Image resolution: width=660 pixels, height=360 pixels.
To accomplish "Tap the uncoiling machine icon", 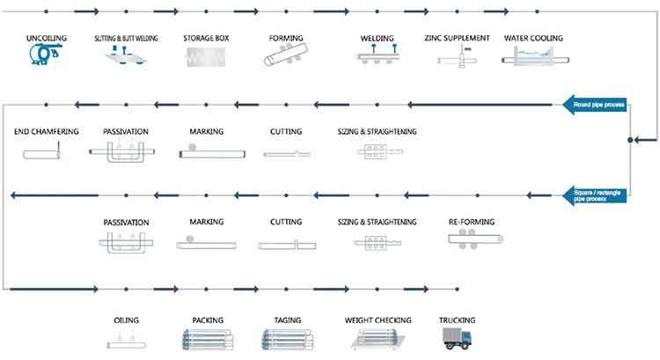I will click(40, 56).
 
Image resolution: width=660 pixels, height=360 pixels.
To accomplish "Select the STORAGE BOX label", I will click(206, 39).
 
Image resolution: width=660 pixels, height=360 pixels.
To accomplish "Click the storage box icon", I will click(206, 57).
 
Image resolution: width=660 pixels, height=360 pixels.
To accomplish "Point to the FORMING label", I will click(286, 39).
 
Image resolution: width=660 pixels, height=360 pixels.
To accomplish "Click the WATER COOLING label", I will click(533, 39).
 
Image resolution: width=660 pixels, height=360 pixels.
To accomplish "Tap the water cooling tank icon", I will click(533, 57).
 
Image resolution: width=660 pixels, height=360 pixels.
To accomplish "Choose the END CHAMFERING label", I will click(47, 132).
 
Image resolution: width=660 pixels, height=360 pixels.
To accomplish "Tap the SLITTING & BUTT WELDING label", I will click(125, 39).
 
